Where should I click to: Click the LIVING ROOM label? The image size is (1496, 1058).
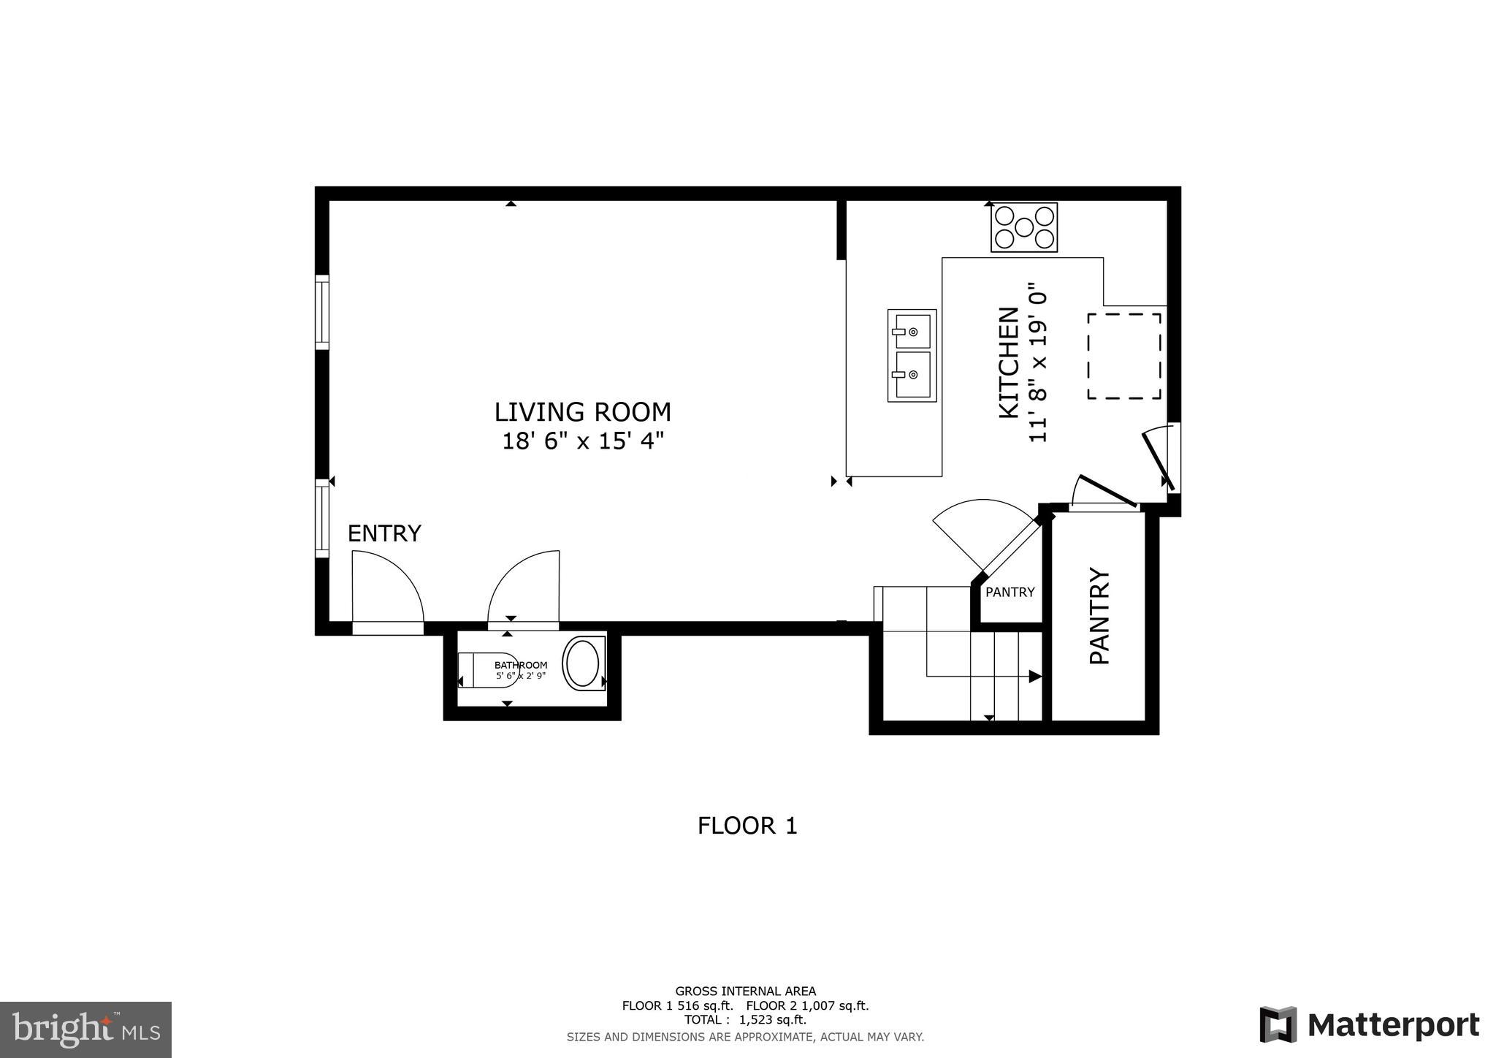click(582, 412)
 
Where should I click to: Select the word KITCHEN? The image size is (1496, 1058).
click(1009, 363)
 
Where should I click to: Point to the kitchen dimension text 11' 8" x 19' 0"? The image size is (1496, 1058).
click(1038, 363)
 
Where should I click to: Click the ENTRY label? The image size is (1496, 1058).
click(384, 534)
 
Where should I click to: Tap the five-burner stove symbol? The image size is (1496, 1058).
click(1023, 228)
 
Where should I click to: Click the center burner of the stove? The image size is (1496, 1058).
click(1023, 228)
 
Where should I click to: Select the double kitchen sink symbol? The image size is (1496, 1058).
click(912, 355)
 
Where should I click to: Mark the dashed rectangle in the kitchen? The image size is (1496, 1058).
click(1123, 356)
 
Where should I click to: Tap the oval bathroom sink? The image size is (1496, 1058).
click(582, 663)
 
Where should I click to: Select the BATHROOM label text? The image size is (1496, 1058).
click(521, 665)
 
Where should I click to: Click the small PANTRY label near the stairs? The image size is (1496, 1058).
click(1010, 593)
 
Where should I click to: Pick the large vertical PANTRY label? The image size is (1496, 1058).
click(1099, 616)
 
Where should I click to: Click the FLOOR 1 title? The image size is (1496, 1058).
click(747, 826)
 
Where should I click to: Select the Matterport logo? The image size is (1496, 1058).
click(1369, 1025)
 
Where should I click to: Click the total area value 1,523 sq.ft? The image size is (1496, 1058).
click(772, 1020)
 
